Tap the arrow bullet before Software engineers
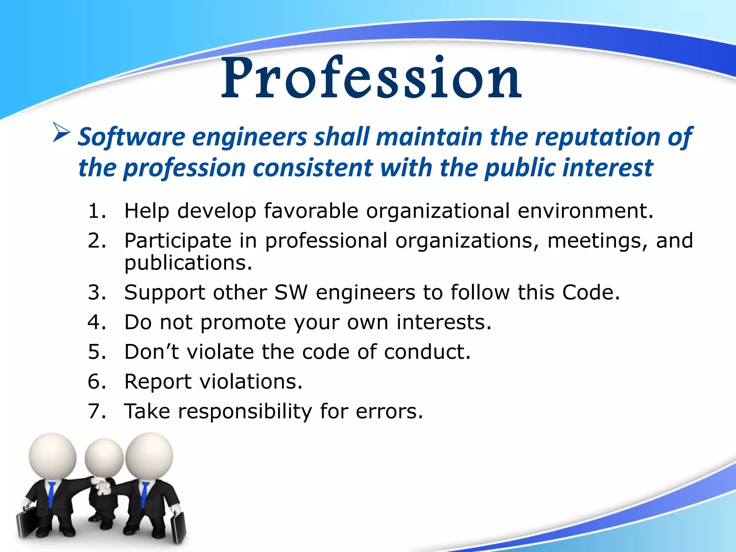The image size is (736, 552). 61,132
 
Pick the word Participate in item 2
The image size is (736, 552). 178,241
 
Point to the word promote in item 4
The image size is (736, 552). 243,322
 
